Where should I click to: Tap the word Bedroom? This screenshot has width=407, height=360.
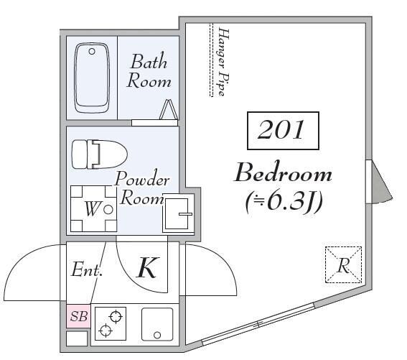coord(283,173)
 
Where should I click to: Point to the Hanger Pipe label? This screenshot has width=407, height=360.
coord(223,62)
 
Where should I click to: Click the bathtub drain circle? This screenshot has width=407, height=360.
coord(92,51)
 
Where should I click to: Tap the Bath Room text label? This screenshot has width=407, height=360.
coord(149,70)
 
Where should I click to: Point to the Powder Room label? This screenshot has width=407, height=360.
coord(142,188)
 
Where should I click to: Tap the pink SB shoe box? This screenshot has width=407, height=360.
coord(78,316)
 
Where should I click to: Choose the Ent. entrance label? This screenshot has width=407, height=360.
coord(87,269)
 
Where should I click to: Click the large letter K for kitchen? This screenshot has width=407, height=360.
coord(147,268)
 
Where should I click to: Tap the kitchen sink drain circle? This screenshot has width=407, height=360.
coord(157,335)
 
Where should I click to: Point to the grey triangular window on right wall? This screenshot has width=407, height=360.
coord(382,182)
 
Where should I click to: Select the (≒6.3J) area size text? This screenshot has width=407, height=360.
coord(284,202)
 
